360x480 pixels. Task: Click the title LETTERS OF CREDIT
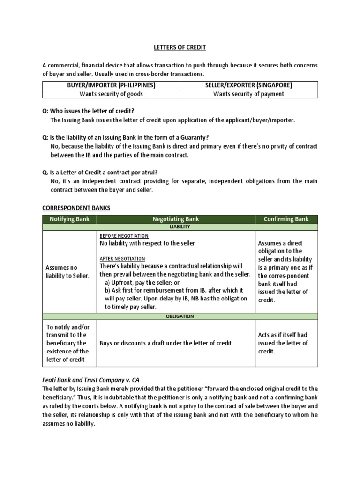(180, 48)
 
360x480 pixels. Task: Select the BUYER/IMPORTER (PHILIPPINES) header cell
(111, 85)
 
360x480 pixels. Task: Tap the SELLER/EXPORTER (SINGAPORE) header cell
(249, 85)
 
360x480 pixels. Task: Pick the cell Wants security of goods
(111, 94)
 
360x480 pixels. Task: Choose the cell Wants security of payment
(249, 94)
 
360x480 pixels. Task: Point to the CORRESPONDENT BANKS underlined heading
(76, 208)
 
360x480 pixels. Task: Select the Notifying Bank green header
(70, 219)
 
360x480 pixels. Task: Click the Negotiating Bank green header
(176, 219)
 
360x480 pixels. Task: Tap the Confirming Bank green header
(286, 219)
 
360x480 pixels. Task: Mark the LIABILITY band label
(180, 227)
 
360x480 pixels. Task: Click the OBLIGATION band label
(180, 316)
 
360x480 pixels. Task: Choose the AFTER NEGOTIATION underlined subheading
(122, 259)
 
